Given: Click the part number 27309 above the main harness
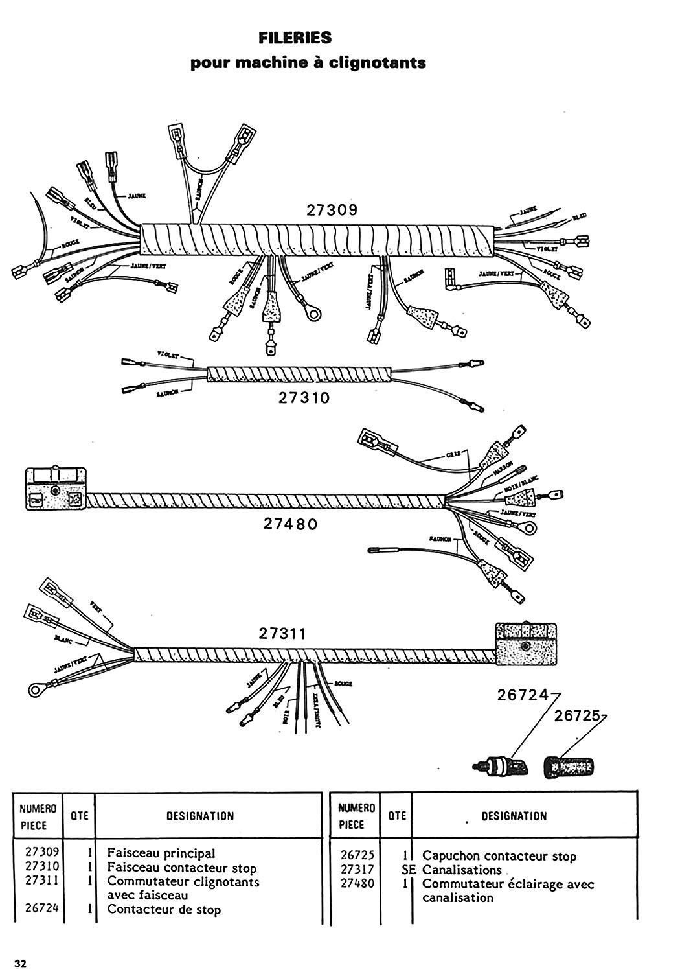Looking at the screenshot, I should (x=332, y=211).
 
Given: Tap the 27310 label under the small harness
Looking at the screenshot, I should (x=304, y=398).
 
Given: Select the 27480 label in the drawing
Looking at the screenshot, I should (x=291, y=524).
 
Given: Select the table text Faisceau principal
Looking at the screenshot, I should (x=161, y=853).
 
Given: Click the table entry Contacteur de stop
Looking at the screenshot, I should (x=164, y=910).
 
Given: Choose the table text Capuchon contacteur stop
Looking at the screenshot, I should (x=499, y=856).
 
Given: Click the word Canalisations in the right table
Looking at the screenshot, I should (x=462, y=870).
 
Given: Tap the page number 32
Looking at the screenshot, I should (x=21, y=963).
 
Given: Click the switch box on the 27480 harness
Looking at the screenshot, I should (x=56, y=487).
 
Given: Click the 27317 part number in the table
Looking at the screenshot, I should (x=357, y=870).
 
